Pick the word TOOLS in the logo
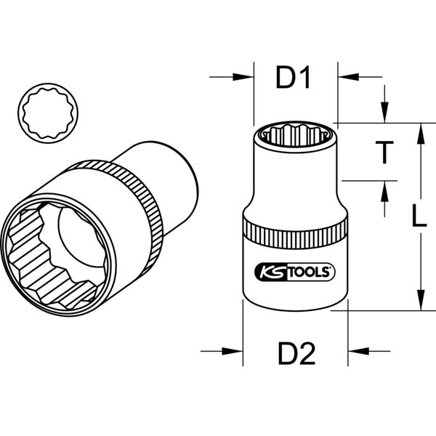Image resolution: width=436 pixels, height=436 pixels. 306,272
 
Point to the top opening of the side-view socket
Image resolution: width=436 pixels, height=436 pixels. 294,134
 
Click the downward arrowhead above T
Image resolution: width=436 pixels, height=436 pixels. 384,116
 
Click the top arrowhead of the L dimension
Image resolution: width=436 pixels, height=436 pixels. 419,130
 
